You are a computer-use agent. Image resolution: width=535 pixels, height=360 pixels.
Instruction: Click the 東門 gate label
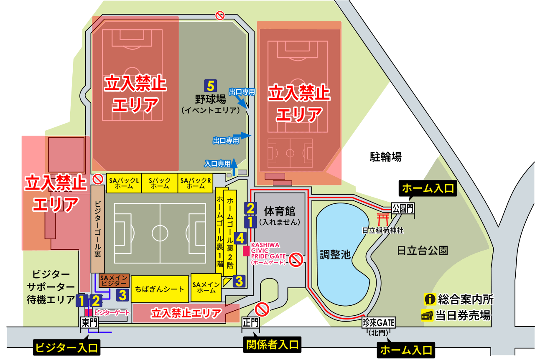pyautogui.click(x=89, y=322)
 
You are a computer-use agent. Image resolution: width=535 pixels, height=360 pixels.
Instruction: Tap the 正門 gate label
pyautogui.click(x=250, y=322)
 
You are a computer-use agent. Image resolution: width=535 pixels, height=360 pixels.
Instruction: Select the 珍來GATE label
pyautogui.click(x=379, y=322)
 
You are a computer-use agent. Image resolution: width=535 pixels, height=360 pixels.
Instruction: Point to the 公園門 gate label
pyautogui.click(x=403, y=208)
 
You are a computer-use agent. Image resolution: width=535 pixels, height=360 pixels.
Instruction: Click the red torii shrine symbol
pyautogui.click(x=382, y=219)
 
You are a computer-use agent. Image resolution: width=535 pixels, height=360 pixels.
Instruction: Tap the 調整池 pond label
pyautogui.click(x=335, y=254)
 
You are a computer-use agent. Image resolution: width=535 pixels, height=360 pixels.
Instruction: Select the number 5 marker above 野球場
pyautogui.click(x=210, y=86)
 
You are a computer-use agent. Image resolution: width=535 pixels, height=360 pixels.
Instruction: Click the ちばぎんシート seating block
pyautogui.click(x=160, y=289)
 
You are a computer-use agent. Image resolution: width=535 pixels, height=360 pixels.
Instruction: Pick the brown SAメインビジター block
pyautogui.click(x=110, y=281)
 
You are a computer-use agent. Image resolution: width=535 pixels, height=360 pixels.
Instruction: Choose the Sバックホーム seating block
pyautogui.click(x=160, y=183)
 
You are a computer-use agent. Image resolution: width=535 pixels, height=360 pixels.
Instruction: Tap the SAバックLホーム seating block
pyautogui.click(x=124, y=183)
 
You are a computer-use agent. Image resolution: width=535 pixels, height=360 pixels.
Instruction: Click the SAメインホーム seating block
pyautogui.click(x=206, y=287)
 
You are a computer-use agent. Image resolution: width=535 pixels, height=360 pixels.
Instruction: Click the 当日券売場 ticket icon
pyautogui.click(x=428, y=316)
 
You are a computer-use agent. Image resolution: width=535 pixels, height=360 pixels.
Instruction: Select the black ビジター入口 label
pyautogui.click(x=66, y=347)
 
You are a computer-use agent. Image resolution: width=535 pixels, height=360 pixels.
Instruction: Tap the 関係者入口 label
pyautogui.click(x=272, y=345)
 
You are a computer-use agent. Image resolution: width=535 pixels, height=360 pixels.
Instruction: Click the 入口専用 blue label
pyautogui.click(x=217, y=164)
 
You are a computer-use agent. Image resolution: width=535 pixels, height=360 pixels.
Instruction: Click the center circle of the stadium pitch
pyautogui.click(x=160, y=233)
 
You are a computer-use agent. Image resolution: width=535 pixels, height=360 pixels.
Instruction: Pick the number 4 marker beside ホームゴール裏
pyautogui.click(x=239, y=238)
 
